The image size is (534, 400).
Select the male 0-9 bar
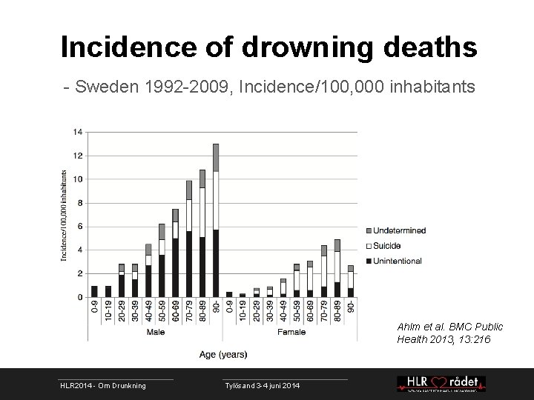[x=94, y=291]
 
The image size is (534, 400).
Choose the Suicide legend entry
[x=386, y=245]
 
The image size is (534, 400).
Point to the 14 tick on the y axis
[x=78, y=132]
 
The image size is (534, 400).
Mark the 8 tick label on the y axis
[x=79, y=203]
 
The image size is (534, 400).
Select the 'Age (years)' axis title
[x=222, y=354]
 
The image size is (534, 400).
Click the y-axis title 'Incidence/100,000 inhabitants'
[x=65, y=215]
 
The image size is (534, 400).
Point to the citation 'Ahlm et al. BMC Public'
[x=449, y=327]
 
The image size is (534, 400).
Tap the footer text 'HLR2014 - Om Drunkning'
[x=103, y=386]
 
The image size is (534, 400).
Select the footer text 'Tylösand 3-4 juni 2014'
[x=263, y=386]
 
